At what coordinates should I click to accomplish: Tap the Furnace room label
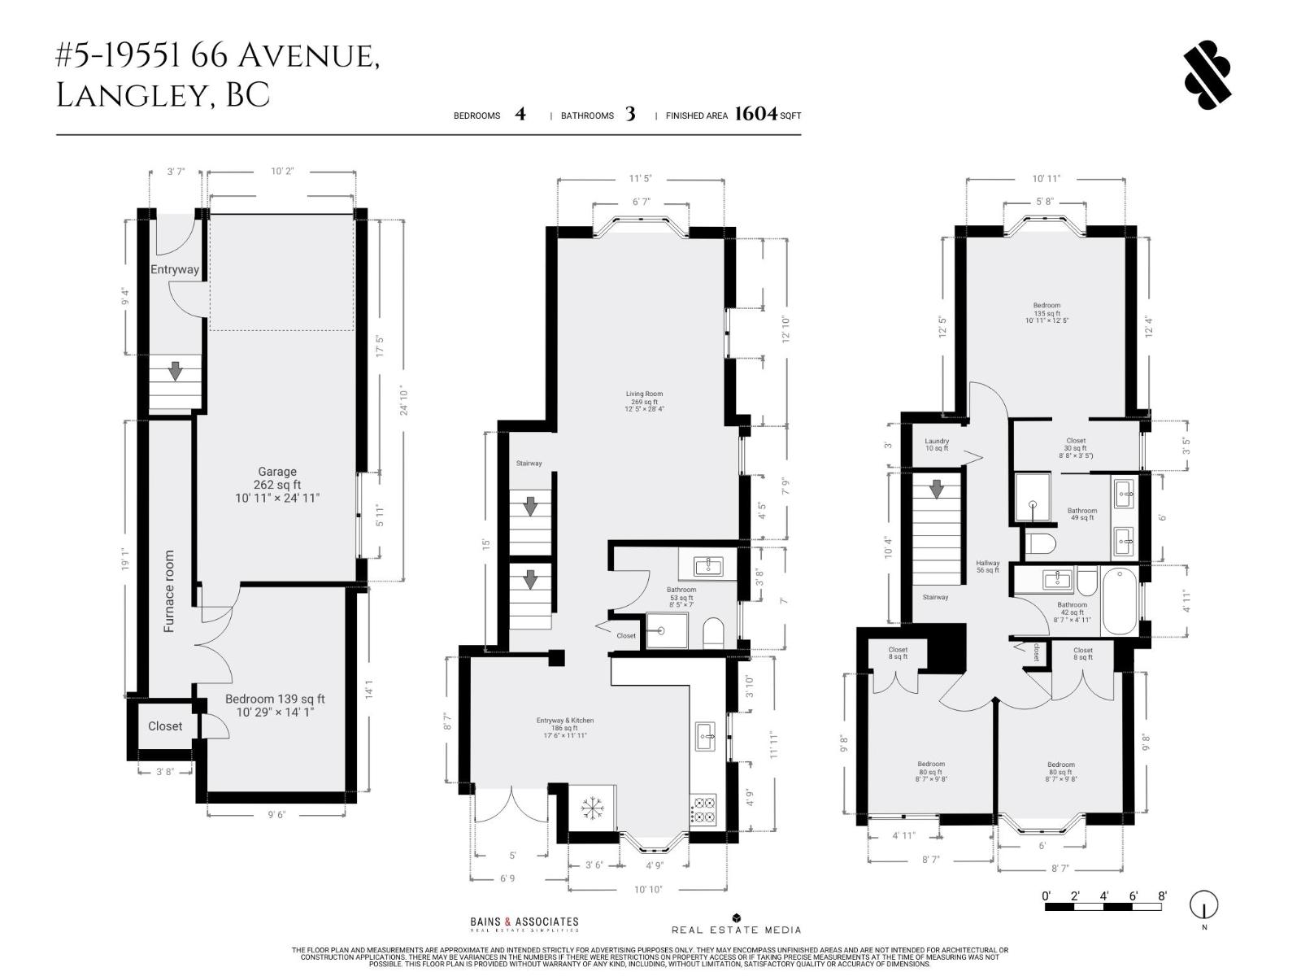tap(169, 591)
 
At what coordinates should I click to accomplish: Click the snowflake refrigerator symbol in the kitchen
tap(592, 808)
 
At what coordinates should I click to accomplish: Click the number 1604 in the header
tap(756, 114)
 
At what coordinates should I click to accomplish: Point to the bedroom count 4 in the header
tap(520, 114)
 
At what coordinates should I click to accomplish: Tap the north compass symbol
tap(1204, 905)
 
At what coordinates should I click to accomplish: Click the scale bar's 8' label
tap(1162, 896)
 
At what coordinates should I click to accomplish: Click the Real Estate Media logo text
tap(736, 929)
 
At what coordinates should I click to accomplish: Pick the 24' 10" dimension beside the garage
tap(404, 401)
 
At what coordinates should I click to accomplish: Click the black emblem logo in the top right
tap(1207, 75)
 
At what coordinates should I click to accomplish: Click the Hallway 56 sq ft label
tap(988, 566)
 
